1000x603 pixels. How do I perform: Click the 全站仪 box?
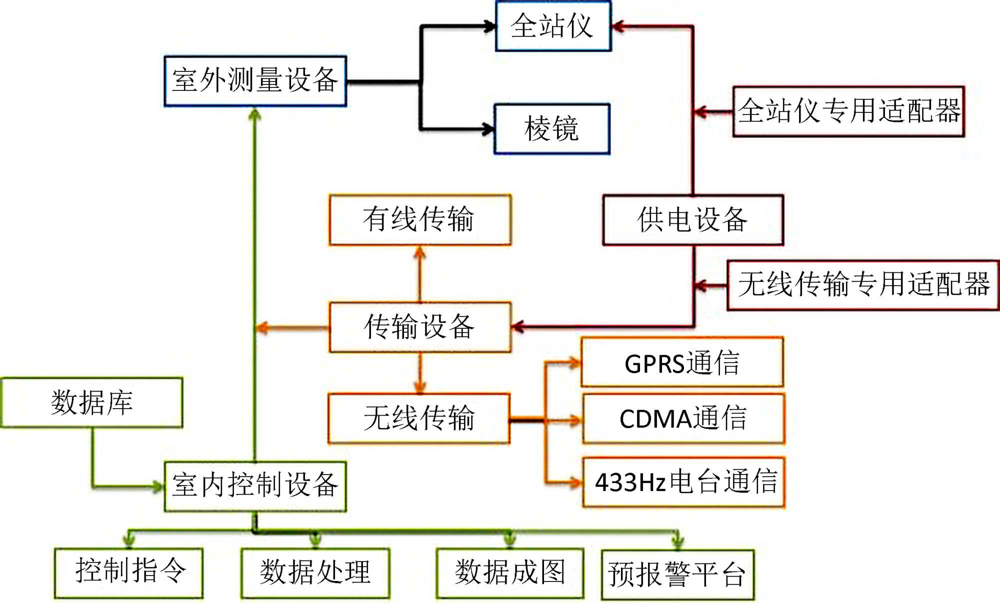coord(553,26)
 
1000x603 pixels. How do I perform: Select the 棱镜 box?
coord(552,129)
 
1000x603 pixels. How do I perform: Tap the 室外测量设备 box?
coord(255,81)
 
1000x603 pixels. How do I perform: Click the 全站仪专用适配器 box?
coord(848,111)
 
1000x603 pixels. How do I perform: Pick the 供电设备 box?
coord(693,220)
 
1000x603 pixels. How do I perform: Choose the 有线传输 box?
coord(420,220)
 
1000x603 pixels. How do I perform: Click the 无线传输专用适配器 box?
coord(863,285)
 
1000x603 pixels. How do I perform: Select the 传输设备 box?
coord(420,327)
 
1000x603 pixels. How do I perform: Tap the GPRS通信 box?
coord(682,362)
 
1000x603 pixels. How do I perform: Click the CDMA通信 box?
coord(683,419)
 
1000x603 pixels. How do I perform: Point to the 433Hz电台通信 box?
coord(683,482)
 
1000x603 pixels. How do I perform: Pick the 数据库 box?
coord(92,403)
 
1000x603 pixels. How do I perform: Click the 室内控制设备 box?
coord(255,486)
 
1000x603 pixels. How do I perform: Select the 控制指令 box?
coord(129,573)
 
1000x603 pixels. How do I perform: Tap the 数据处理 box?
coord(315,573)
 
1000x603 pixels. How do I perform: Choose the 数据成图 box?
coord(510,573)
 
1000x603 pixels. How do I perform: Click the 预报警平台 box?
coord(677,575)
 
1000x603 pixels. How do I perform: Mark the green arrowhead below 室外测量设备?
coord(255,115)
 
